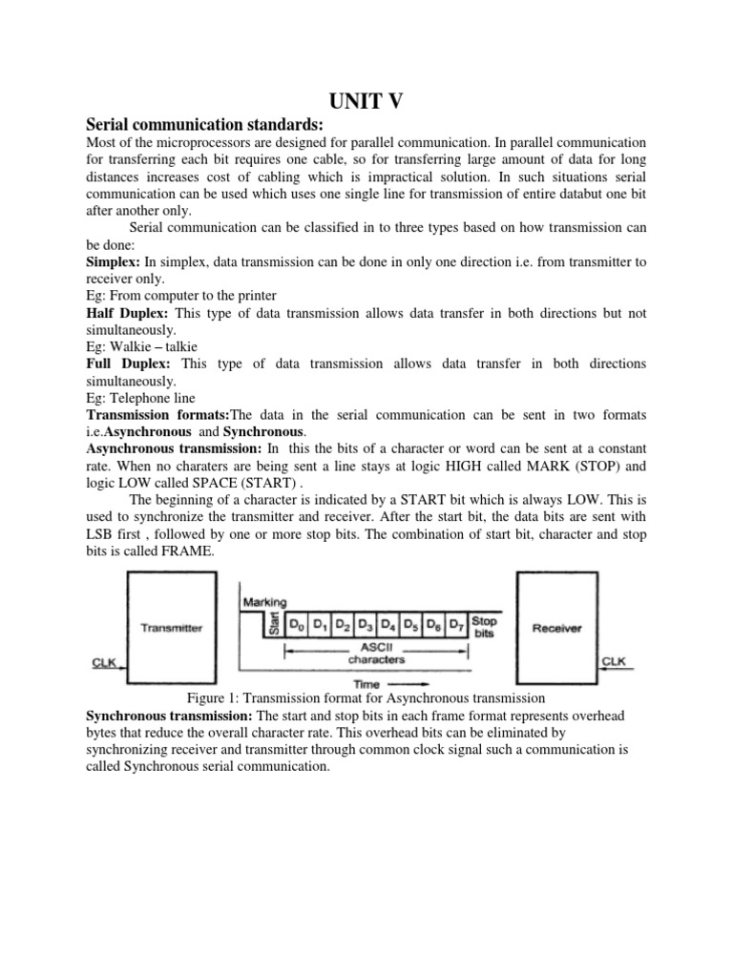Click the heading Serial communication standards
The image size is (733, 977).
point(206,125)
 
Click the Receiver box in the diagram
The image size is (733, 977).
point(556,628)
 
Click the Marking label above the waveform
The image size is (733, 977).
point(263,602)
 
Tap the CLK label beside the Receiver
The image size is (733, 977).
point(614,659)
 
